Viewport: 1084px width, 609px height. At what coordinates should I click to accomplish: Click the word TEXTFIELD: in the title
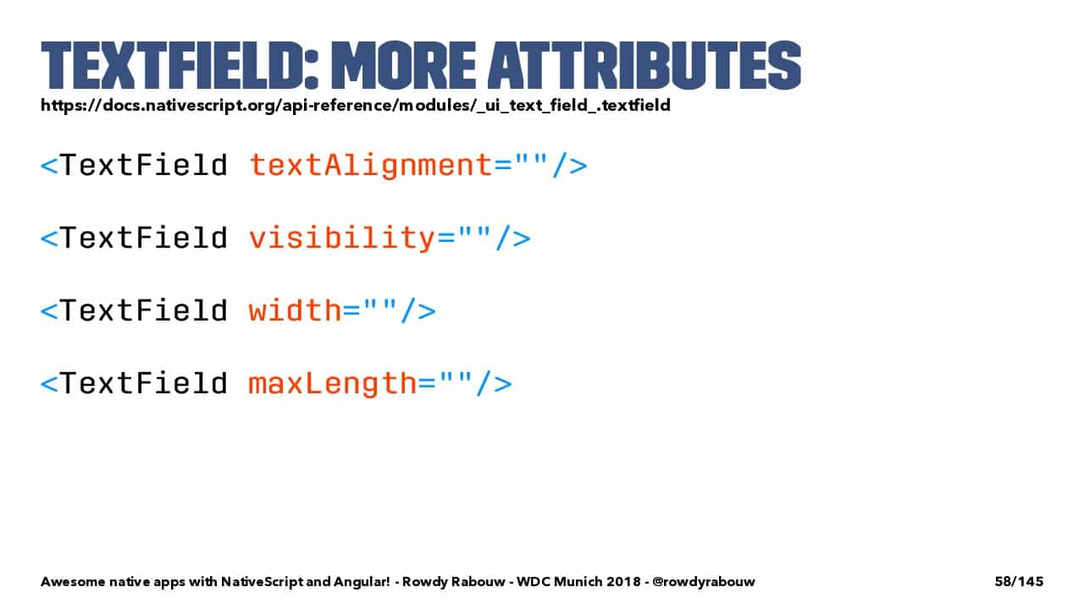coord(180,65)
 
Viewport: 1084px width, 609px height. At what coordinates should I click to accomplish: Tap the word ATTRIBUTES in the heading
coord(644,65)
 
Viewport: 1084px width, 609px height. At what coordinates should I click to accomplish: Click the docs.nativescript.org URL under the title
coord(356,106)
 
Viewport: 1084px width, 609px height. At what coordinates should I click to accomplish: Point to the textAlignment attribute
coord(371,166)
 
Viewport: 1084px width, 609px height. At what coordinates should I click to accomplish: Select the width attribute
coord(296,310)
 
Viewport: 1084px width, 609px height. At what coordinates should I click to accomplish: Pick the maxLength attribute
coord(333,384)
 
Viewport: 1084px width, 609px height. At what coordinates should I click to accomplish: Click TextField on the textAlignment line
coord(144,165)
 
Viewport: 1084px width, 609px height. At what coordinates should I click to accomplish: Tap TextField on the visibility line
coord(144,238)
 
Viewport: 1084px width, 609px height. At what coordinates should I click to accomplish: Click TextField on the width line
coord(144,310)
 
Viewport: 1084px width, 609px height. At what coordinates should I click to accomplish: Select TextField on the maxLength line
coord(144,383)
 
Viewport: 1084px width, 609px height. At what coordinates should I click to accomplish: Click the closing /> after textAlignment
coord(570,166)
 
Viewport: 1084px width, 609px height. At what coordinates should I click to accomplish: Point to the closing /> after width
coord(418,310)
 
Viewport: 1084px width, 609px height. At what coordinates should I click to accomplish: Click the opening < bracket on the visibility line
coord(49,239)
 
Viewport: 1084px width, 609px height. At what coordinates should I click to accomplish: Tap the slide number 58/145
coord(1019,581)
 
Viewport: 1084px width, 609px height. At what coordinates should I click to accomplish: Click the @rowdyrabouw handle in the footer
coord(703,581)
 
